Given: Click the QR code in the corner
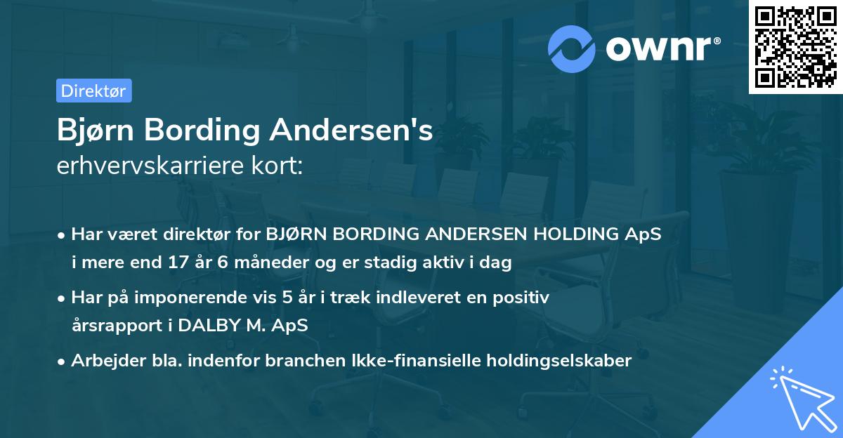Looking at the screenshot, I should [796, 47].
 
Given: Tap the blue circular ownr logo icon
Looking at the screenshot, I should [572, 48].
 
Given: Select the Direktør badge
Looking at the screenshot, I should [93, 91].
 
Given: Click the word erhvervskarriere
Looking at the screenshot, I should [153, 166].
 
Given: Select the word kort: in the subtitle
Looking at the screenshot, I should [278, 166].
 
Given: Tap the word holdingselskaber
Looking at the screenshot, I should [556, 361].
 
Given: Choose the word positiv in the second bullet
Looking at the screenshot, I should [521, 298].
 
